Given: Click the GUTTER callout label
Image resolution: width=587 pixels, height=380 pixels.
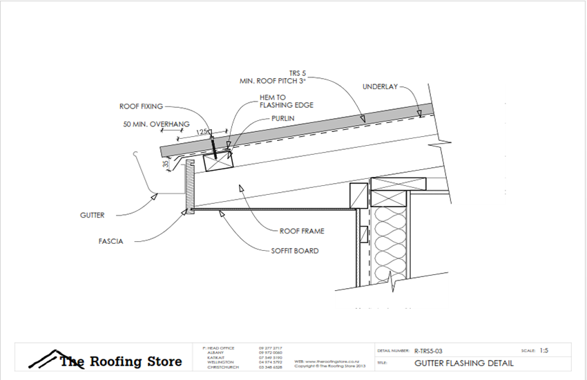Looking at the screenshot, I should tap(92, 216).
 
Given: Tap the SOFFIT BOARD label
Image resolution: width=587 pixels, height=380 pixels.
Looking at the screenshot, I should tap(295, 251).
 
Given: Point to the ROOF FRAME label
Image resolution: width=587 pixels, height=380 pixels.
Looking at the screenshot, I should tap(302, 231).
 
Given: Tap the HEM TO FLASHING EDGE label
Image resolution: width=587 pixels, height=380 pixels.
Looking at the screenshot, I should tap(287, 102).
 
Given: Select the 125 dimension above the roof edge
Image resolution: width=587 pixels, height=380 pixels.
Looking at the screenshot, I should tap(201, 131).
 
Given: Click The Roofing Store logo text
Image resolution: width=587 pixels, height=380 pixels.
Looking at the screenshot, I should tap(120, 361).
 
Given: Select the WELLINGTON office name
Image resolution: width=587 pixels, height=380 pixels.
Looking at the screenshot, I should tap(220, 362).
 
